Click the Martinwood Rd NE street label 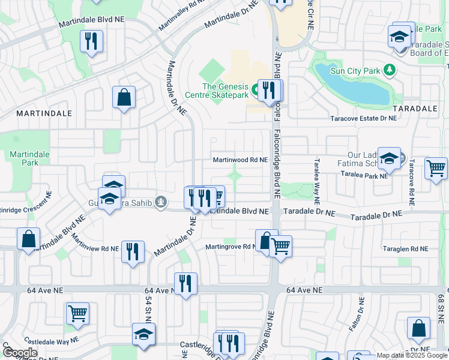[x=240, y=160]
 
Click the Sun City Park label [x=355, y=71]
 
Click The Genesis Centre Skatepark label [x=225, y=91]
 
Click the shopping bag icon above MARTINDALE [x=124, y=97]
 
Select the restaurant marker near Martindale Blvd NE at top [x=91, y=41]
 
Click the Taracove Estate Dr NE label [x=364, y=119]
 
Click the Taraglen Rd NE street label [x=405, y=248]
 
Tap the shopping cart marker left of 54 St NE [x=77, y=313]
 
